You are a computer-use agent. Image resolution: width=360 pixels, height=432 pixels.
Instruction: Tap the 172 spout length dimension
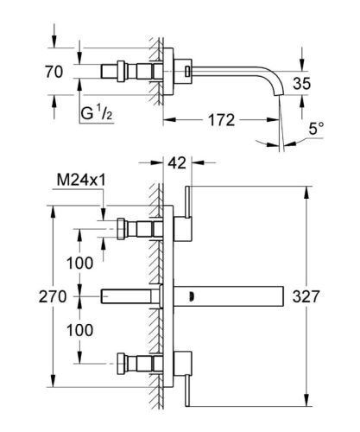click(222, 121)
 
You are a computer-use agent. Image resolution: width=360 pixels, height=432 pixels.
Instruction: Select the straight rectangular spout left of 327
click(233, 296)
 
